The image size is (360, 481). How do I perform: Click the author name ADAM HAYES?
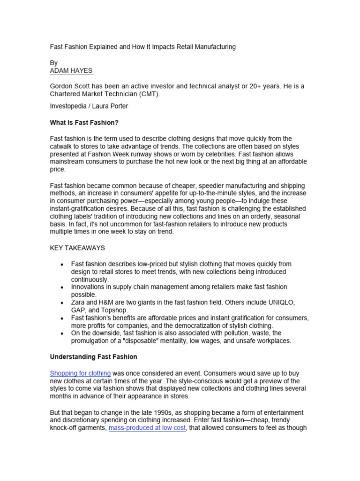pyautogui.click(x=71, y=71)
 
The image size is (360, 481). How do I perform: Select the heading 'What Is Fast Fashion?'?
pyautogui.click(x=84, y=123)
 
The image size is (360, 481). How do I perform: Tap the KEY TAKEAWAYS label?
pyautogui.click(x=77, y=248)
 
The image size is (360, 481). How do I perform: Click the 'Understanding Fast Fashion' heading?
pyautogui.click(x=93, y=357)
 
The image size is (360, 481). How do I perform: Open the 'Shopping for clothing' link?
pyautogui.click(x=80, y=373)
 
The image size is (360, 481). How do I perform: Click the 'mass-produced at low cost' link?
pyautogui.click(x=147, y=428)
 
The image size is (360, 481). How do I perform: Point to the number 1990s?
pyautogui.click(x=167, y=412)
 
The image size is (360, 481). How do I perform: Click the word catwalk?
pyautogui.click(x=61, y=146)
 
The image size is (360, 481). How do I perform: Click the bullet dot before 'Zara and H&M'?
pyautogui.click(x=62, y=303)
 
